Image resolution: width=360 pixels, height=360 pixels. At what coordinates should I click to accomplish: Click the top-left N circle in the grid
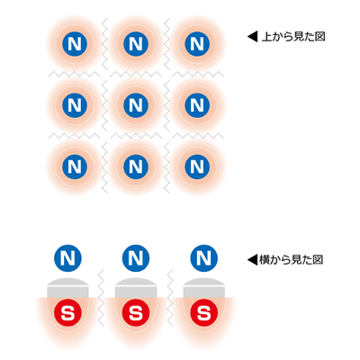[x=75, y=44]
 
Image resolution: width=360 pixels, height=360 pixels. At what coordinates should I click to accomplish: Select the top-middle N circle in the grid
[x=136, y=44]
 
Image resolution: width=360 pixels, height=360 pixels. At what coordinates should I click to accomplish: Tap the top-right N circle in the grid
[x=197, y=44]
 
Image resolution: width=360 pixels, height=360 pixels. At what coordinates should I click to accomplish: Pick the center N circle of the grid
[x=136, y=105]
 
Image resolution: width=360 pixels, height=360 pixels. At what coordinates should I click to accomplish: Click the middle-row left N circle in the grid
[x=75, y=105]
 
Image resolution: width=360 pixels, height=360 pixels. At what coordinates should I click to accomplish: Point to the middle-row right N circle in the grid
[x=197, y=105]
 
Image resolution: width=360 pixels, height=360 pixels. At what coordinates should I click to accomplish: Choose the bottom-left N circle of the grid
[x=75, y=166]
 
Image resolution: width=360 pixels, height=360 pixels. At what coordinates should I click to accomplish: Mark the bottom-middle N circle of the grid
[x=136, y=166]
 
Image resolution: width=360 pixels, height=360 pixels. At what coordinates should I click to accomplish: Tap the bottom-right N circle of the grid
[x=197, y=166]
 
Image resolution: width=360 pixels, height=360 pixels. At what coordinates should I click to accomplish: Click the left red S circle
[x=67, y=314]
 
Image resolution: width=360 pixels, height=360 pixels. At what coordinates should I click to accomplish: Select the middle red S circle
[x=136, y=314]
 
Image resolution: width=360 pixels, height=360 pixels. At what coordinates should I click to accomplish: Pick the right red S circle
[x=204, y=314]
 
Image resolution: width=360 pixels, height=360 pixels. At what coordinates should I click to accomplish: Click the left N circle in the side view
[x=67, y=258]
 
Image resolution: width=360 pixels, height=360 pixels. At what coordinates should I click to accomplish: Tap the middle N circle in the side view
[x=136, y=258]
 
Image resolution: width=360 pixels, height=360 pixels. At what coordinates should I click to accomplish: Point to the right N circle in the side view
[x=204, y=258]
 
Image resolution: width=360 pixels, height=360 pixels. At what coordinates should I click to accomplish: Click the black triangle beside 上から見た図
[x=252, y=37]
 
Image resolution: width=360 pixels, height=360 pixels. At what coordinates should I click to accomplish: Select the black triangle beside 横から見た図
[x=252, y=260]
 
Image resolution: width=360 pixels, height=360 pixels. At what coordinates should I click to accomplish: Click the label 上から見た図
[x=293, y=37]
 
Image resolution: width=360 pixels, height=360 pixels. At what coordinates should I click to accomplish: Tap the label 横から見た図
[x=291, y=260]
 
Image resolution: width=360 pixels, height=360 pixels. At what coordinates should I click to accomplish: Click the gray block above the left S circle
[x=67, y=288]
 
